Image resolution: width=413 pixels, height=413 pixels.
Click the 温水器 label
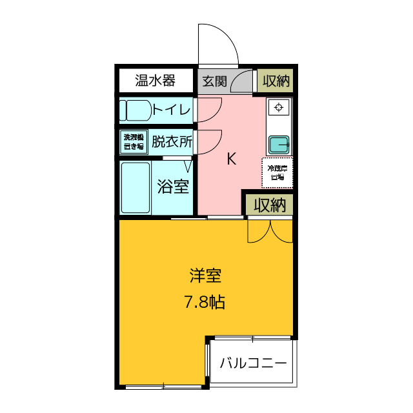pos(155,81)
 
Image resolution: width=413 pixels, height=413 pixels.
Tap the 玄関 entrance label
pos(214,81)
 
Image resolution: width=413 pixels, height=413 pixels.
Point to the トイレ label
pos(172,110)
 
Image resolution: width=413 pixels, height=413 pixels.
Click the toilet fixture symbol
pos(134,110)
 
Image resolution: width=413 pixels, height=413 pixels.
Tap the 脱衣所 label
pos(172,141)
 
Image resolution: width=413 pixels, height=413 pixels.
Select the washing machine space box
pos(134,141)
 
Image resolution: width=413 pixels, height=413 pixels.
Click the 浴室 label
pos(173,187)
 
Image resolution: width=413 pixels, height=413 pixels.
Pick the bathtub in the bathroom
pos(136,187)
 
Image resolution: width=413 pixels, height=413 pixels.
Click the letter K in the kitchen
pos(230,159)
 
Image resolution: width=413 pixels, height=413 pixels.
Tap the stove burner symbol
pos(279,107)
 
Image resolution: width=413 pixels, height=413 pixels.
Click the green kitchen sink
pos(279,144)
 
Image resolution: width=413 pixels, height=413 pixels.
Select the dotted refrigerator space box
pos(277,172)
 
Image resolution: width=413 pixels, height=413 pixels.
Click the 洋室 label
pos(206,276)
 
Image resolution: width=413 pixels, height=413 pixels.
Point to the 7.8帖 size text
pos(206,302)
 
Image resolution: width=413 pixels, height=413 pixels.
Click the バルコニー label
pos(253,363)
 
